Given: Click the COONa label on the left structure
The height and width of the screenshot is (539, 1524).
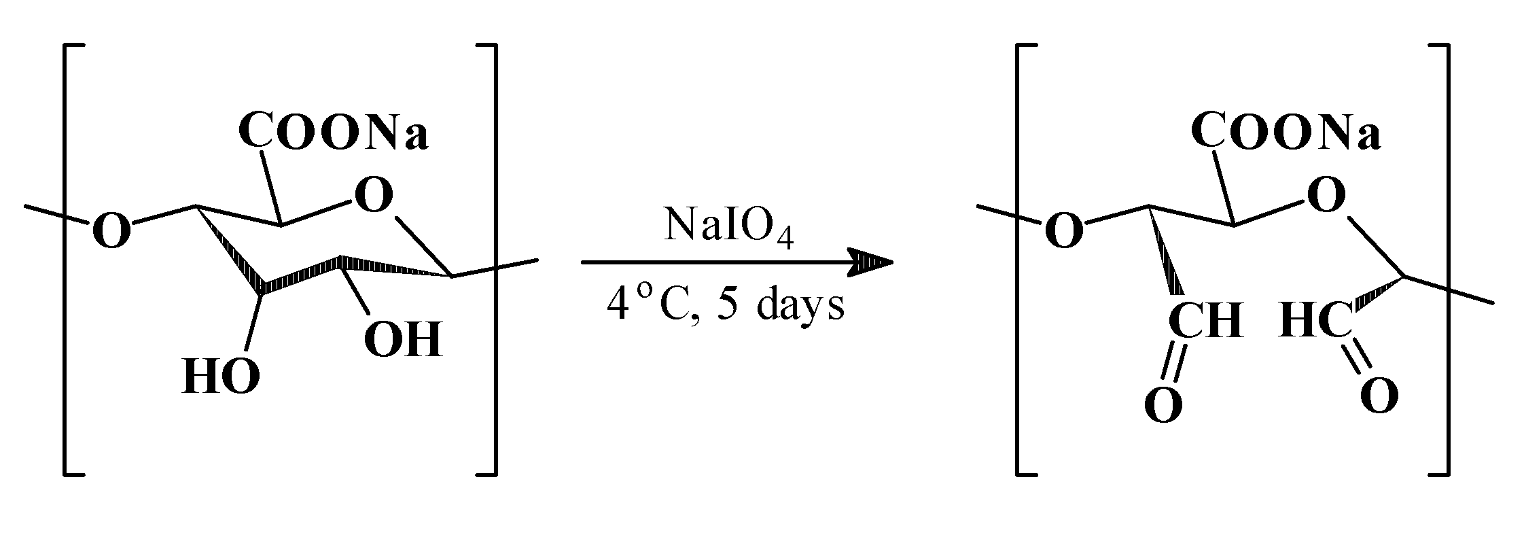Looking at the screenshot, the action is point(333,131).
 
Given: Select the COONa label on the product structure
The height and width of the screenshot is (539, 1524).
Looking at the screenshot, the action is point(1286,131).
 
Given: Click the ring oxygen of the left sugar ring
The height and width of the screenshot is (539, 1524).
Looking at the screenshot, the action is point(372,196).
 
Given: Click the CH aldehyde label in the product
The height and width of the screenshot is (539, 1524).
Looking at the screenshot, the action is point(1205,320).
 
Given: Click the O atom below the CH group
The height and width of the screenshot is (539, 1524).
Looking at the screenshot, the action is point(1163,404).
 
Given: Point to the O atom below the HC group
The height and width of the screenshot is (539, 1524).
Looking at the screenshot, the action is point(1379,396).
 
